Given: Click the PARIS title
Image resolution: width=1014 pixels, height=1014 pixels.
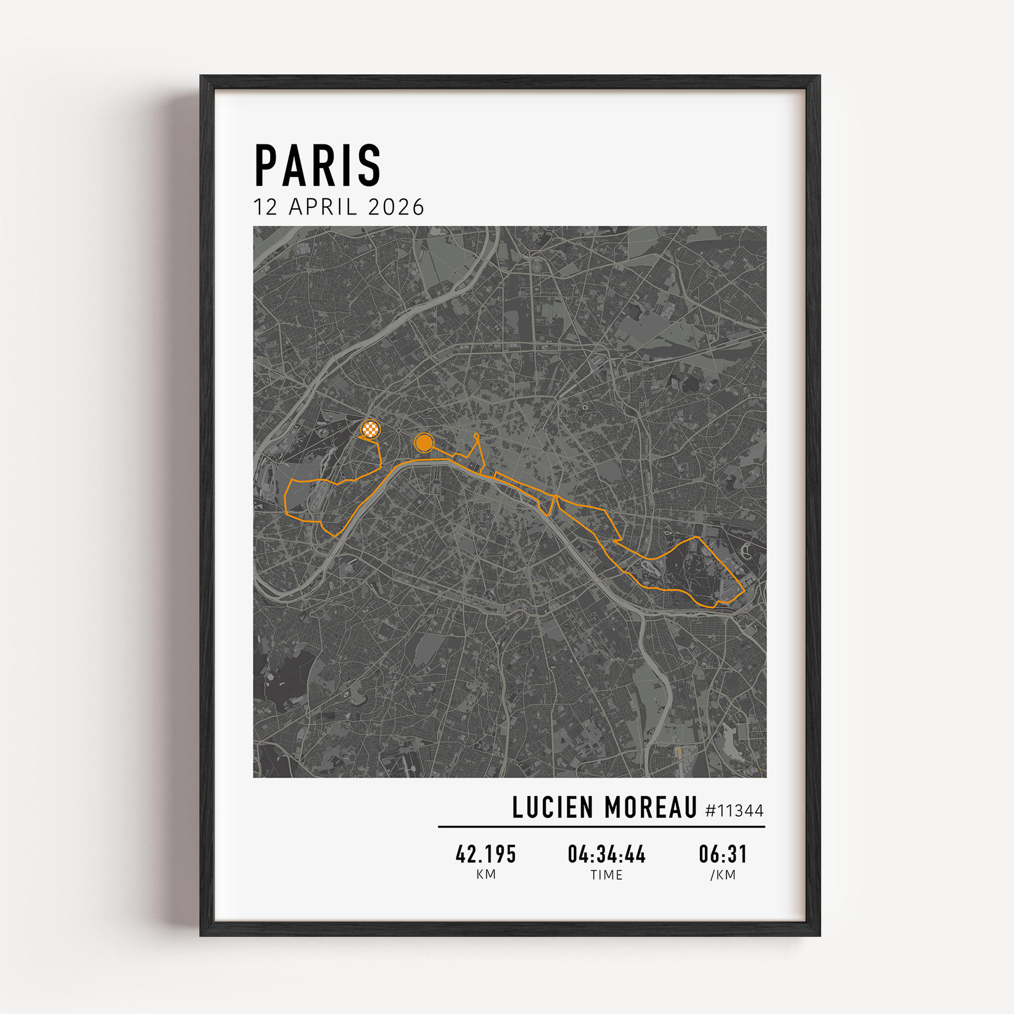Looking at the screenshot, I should tap(317, 165).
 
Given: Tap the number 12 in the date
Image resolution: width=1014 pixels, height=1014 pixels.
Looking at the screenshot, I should tap(265, 207).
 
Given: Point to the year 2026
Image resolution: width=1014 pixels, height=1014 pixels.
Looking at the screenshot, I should tap(396, 207).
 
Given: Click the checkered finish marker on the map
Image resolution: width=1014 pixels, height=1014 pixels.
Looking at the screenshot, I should tap(370, 429).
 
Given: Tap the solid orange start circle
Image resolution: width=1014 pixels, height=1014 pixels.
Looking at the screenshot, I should tap(423, 443).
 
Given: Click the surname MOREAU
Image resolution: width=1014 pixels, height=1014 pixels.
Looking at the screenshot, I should tap(650, 808).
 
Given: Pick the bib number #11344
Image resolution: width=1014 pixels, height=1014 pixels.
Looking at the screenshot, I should tap(734, 811).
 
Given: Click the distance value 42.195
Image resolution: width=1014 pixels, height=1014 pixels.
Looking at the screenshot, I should tap(486, 854).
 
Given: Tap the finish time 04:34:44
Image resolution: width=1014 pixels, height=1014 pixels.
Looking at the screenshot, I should tap(607, 854).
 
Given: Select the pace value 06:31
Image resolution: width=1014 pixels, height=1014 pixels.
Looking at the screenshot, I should tap(722, 854).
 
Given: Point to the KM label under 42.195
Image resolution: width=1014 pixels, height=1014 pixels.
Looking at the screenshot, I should tap(486, 875).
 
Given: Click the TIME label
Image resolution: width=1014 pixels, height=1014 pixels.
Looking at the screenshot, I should tap(607, 875).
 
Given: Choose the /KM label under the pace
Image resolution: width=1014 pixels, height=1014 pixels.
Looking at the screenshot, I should tap(722, 875).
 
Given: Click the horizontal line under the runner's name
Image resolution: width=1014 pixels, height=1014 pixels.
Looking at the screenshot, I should tap(601, 826).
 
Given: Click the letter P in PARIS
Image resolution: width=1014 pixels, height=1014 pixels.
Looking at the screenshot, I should tap(266, 165).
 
